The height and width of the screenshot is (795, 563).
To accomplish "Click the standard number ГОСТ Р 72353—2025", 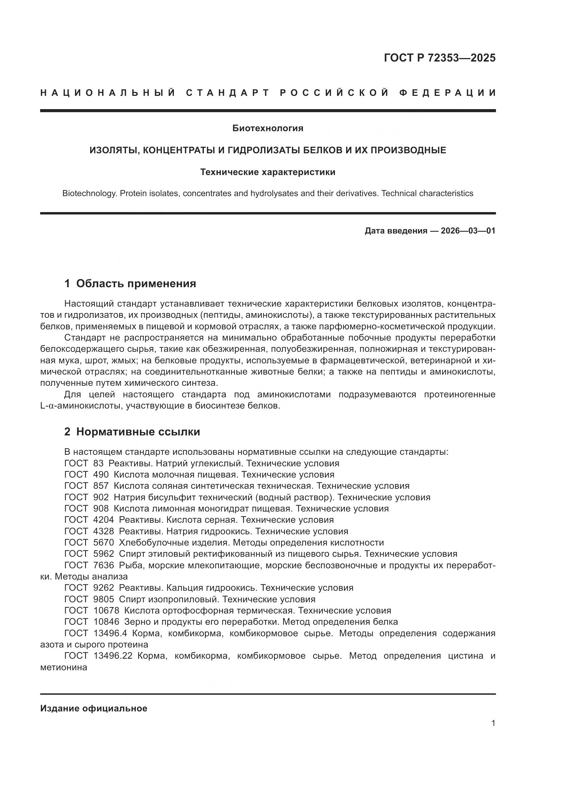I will click(439, 58).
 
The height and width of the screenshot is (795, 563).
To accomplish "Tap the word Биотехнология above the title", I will click(268, 128).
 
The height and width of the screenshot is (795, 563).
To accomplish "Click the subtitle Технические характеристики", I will click(268, 172).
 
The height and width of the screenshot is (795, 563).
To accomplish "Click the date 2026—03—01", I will click(468, 231).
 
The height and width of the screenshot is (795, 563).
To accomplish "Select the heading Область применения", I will click(136, 283).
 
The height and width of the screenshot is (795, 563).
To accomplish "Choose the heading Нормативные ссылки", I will click(138, 432).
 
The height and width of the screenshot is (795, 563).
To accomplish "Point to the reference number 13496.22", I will click(113, 656).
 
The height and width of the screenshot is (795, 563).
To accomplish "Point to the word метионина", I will click(63, 667).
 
